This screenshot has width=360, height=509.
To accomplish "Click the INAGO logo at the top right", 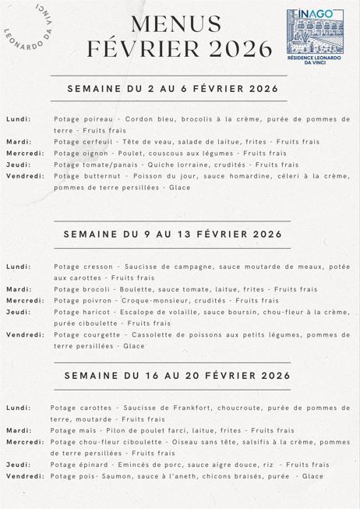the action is click(315, 36).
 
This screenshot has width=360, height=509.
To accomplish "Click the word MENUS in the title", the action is click(165, 24).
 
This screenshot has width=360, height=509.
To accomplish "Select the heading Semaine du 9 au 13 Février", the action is click(172, 234).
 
